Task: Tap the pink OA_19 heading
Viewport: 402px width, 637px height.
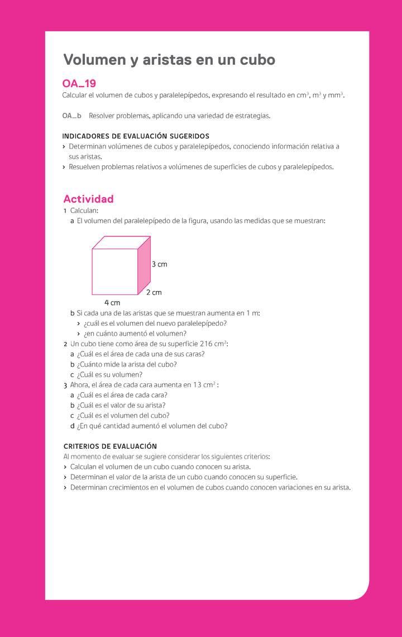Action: click(79, 84)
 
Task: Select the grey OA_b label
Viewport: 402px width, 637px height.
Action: click(71, 116)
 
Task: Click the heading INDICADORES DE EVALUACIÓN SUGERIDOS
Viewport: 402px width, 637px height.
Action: click(136, 136)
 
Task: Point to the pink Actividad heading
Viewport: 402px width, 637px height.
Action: click(88, 199)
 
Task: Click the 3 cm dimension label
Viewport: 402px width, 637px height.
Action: click(159, 264)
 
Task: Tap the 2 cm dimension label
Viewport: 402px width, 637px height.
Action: click(154, 292)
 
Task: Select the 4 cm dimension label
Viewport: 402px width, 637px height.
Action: click(112, 303)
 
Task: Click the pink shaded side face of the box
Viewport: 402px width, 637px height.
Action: click(144, 265)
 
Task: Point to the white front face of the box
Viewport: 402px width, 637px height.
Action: click(114, 272)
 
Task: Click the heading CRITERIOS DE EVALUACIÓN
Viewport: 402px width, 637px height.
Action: click(110, 446)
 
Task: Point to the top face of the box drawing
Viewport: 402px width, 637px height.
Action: click(121, 243)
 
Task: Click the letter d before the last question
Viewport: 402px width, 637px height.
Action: click(73, 426)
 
